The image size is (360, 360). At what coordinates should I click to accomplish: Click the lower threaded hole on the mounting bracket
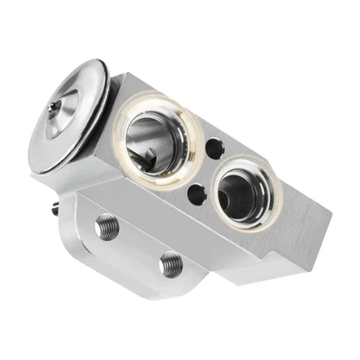[169, 265]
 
